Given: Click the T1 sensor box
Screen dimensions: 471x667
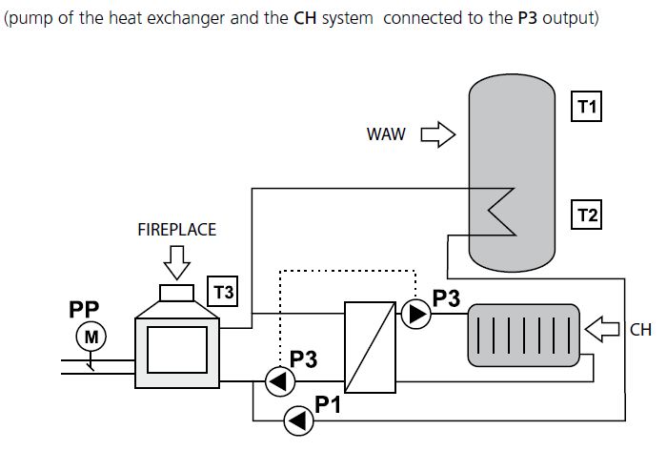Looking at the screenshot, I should [x=587, y=108].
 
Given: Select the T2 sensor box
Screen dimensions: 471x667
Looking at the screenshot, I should [x=587, y=216].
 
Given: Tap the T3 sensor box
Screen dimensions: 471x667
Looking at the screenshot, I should [x=223, y=292].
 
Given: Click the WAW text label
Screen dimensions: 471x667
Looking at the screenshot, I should [x=386, y=134].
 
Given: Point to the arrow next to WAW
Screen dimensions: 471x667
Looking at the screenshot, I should [x=438, y=134].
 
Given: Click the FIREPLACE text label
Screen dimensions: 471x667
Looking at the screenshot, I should [x=177, y=230].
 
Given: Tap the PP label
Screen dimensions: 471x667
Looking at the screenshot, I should [x=84, y=310].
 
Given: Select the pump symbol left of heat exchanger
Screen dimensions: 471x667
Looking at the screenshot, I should [x=277, y=381].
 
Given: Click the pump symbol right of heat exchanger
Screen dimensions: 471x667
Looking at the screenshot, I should [x=415, y=314].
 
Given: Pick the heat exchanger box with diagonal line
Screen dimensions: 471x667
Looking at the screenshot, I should [x=369, y=347].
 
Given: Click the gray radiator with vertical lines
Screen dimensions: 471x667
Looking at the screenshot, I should [x=523, y=334].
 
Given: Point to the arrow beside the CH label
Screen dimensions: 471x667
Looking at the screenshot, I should [x=604, y=330].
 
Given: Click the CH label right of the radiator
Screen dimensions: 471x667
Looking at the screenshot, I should [x=640, y=330].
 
